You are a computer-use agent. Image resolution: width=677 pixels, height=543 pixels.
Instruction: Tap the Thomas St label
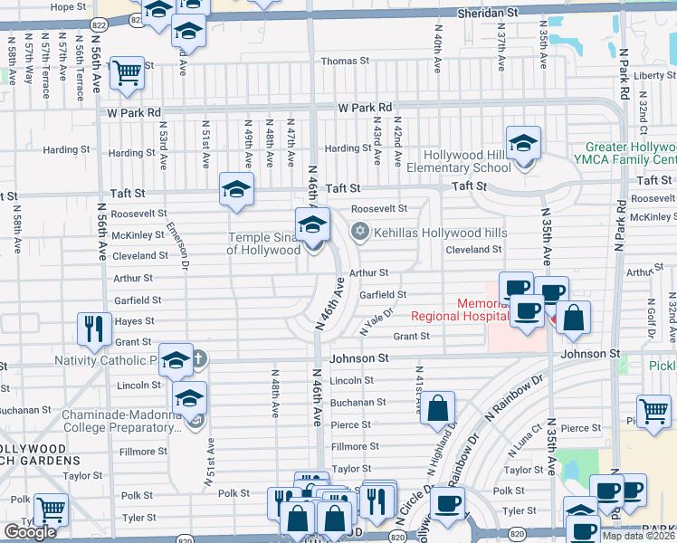[346, 61]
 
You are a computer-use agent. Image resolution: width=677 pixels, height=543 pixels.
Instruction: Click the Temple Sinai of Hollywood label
[262, 243]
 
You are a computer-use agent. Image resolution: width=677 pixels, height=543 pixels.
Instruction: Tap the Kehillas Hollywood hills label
[441, 232]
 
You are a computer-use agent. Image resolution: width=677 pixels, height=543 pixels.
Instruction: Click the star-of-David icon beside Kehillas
[361, 232]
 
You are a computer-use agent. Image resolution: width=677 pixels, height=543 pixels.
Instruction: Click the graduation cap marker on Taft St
[236, 189]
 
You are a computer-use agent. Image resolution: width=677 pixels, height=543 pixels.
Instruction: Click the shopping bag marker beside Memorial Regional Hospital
[573, 318]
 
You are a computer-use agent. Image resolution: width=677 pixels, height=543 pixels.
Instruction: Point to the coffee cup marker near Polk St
[446, 502]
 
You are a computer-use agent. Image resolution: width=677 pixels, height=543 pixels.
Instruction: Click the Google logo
[30, 532]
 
